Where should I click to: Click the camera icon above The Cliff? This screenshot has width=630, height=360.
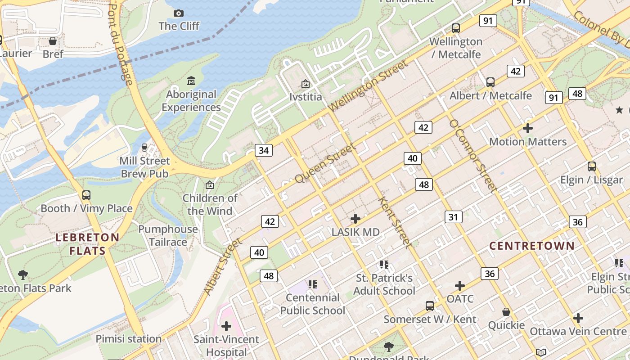pyautogui.click(x=179, y=13)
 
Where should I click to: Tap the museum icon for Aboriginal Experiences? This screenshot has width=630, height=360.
pyautogui.click(x=191, y=81)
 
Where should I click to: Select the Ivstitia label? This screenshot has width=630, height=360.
pyautogui.click(x=306, y=97)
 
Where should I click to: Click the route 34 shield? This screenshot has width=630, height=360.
pyautogui.click(x=264, y=150)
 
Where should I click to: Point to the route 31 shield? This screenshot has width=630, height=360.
pyautogui.click(x=453, y=217)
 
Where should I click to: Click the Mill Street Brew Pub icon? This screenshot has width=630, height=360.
pyautogui.click(x=144, y=147)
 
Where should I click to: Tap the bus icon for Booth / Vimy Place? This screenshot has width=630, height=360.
pyautogui.click(x=86, y=195)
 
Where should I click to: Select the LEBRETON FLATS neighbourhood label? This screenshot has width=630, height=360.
pyautogui.click(x=87, y=244)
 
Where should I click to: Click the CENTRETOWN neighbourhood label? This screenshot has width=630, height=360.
pyautogui.click(x=532, y=246)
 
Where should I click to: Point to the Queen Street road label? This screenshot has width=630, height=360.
pyautogui.click(x=325, y=163)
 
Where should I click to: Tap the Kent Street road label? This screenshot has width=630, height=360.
pyautogui.click(x=395, y=222)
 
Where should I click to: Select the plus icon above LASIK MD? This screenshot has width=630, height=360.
pyautogui.click(x=355, y=219)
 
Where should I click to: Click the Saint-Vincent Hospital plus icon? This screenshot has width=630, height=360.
pyautogui.click(x=226, y=326)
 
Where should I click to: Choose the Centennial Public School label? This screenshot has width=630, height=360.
pyautogui.click(x=313, y=304)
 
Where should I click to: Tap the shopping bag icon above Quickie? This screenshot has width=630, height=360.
pyautogui.click(x=506, y=312)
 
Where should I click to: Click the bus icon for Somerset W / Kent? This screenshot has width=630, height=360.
pyautogui.click(x=430, y=306)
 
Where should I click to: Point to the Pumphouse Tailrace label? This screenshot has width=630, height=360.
pyautogui.click(x=168, y=235)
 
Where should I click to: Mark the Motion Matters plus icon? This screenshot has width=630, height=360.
pyautogui.click(x=528, y=128)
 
